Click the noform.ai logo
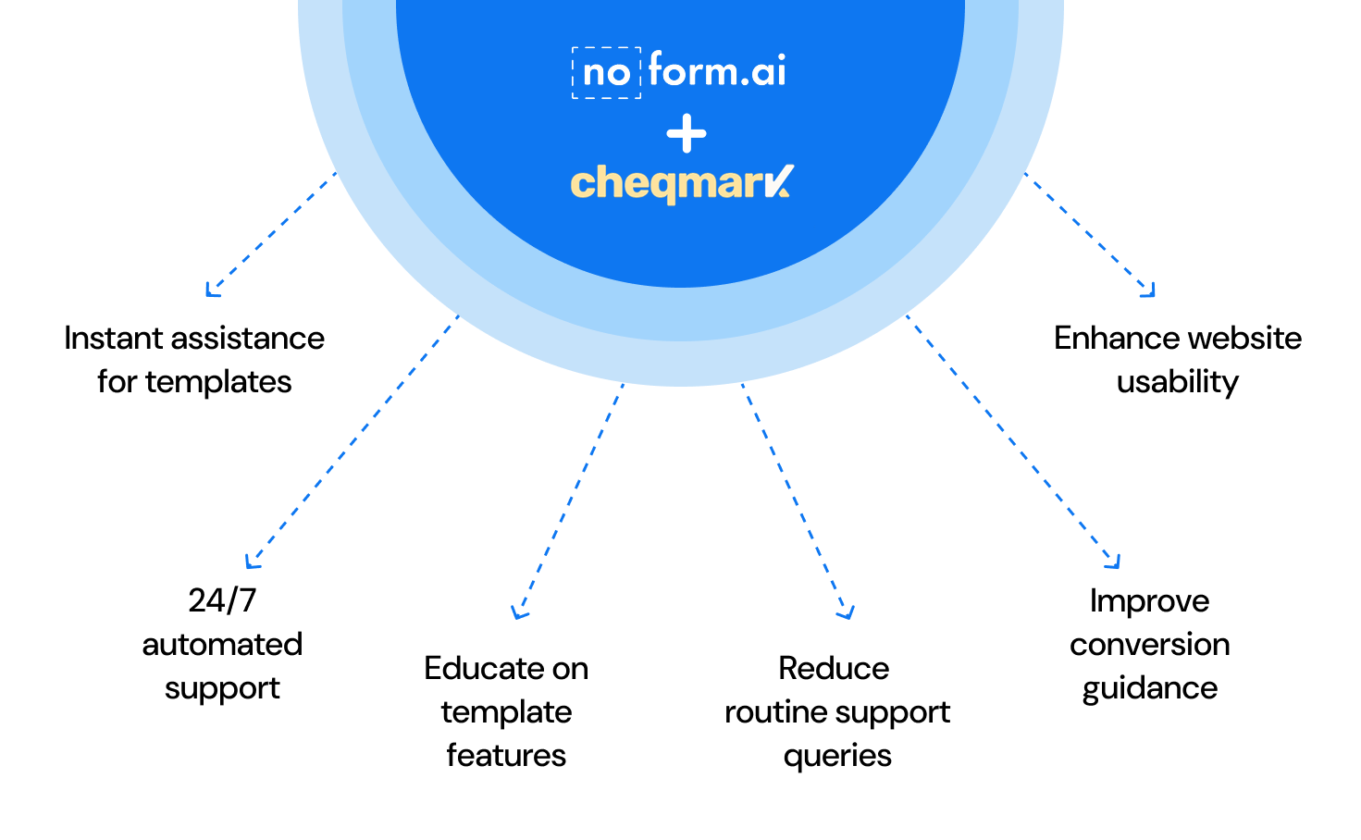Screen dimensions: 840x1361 point(680,71)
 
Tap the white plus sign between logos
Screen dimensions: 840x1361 point(687,135)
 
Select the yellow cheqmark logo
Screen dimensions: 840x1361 point(682,183)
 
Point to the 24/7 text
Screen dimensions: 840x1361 point(222,600)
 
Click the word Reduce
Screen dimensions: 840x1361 point(834,668)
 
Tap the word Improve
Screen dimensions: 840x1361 point(1149,601)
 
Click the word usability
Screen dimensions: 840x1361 point(1177,382)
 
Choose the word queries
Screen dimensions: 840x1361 point(837,756)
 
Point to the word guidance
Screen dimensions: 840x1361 point(1150,688)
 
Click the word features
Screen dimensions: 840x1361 point(506,756)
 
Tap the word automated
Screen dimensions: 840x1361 point(222,645)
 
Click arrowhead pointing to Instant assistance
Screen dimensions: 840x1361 point(212,291)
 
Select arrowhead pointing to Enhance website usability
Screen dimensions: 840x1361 point(1149,291)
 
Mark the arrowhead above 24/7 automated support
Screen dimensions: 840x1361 point(252,562)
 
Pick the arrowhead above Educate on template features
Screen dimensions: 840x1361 point(519,612)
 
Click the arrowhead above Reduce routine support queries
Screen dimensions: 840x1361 point(847,612)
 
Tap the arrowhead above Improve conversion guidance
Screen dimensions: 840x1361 point(1114,562)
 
